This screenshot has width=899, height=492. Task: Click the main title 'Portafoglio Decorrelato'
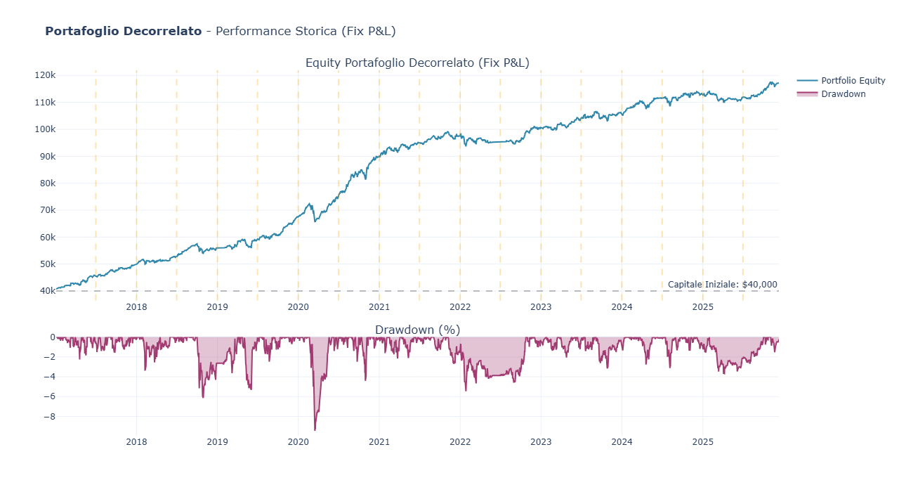(123, 32)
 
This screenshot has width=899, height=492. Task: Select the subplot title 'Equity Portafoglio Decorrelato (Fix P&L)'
(417, 63)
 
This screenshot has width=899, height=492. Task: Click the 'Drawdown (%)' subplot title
(417, 330)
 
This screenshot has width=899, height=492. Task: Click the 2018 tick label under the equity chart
(136, 306)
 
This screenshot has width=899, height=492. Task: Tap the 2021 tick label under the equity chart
(379, 306)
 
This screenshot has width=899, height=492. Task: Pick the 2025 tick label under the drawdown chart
(702, 442)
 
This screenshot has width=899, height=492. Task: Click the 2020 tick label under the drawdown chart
(298, 442)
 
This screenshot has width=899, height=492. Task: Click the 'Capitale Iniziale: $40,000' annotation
(722, 285)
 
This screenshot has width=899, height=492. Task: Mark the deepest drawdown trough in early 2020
(315, 429)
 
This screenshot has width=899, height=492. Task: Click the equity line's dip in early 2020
(315, 221)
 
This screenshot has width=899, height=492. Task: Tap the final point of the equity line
(777, 83)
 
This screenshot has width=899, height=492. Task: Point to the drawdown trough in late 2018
(203, 397)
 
